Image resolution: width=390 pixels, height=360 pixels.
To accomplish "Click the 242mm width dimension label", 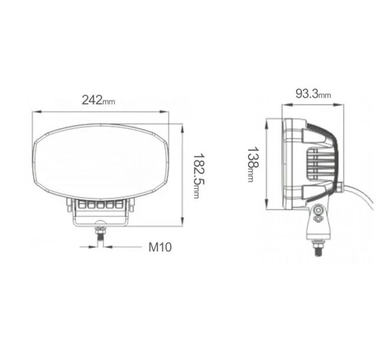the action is (99, 100).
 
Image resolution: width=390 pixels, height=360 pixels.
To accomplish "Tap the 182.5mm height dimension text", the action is (199, 176).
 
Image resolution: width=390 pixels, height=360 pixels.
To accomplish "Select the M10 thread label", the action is (160, 247).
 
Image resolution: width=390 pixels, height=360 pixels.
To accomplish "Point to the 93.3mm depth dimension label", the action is (313, 94).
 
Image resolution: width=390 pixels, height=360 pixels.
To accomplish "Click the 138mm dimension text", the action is (253, 165).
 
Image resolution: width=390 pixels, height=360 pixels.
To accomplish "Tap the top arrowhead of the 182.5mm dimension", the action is (182, 129).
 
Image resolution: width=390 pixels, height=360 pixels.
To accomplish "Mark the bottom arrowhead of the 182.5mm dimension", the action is (182, 222).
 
